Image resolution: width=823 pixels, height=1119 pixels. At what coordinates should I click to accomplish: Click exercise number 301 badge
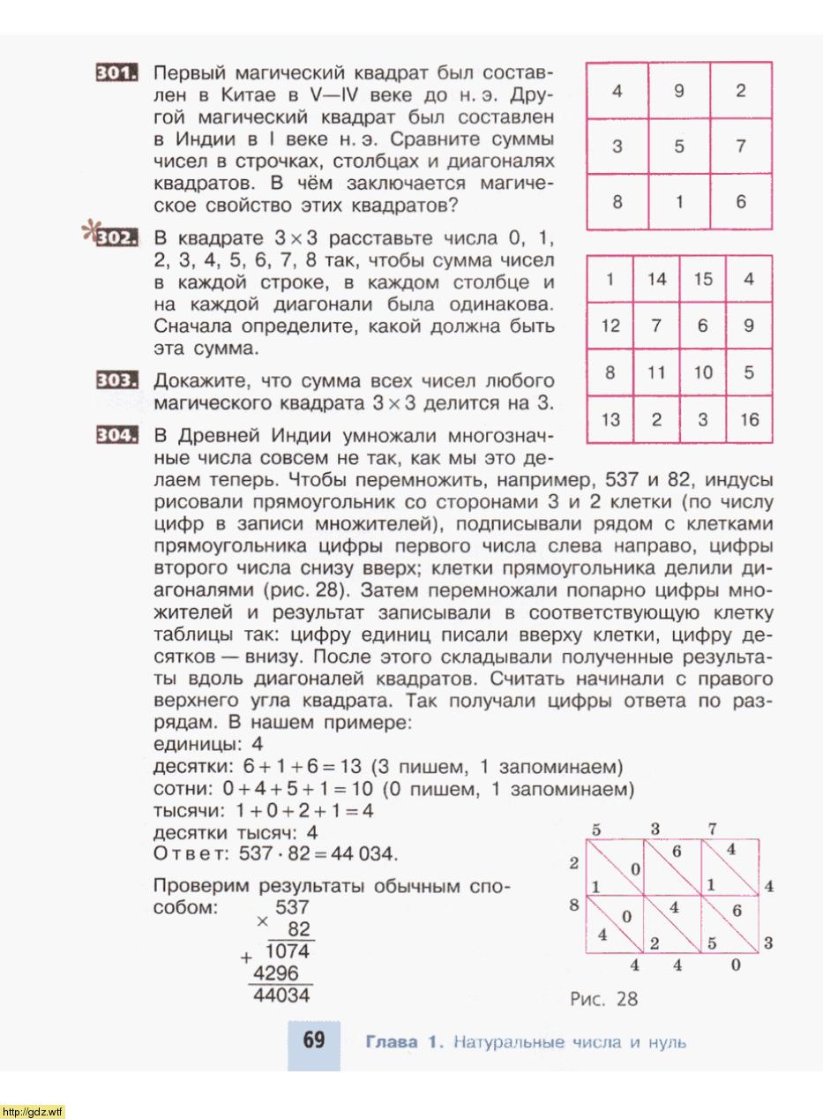point(116,73)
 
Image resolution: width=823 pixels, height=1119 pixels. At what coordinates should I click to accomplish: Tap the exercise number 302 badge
point(116,237)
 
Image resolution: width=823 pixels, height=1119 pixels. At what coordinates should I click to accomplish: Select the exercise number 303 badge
point(116,381)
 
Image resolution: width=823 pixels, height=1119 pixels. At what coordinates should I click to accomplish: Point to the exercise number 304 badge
point(116,436)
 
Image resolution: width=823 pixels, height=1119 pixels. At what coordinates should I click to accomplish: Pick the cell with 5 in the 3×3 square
point(679,146)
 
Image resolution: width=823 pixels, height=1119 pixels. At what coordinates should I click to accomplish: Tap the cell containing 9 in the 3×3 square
point(679,91)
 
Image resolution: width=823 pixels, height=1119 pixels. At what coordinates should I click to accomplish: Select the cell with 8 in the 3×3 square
point(617,201)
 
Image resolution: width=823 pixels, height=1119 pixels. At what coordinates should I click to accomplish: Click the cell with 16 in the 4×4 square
point(749,420)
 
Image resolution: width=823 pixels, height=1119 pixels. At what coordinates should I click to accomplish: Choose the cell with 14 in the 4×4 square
point(656,280)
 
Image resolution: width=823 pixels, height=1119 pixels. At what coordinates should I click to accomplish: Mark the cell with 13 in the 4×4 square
point(610,420)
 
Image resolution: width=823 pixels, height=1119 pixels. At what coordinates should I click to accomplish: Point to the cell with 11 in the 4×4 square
point(656,373)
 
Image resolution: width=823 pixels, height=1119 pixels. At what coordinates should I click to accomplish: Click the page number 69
point(314,1040)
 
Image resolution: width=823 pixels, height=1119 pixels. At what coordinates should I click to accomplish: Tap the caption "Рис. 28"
point(603,999)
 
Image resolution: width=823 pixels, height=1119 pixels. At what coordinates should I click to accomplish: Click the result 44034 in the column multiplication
point(281,995)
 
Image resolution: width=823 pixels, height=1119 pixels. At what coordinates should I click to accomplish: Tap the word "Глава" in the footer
point(392,1042)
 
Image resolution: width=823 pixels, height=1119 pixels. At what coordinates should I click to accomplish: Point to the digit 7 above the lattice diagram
point(712,828)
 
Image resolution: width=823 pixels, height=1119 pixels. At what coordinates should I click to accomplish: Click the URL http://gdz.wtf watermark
point(34,1111)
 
